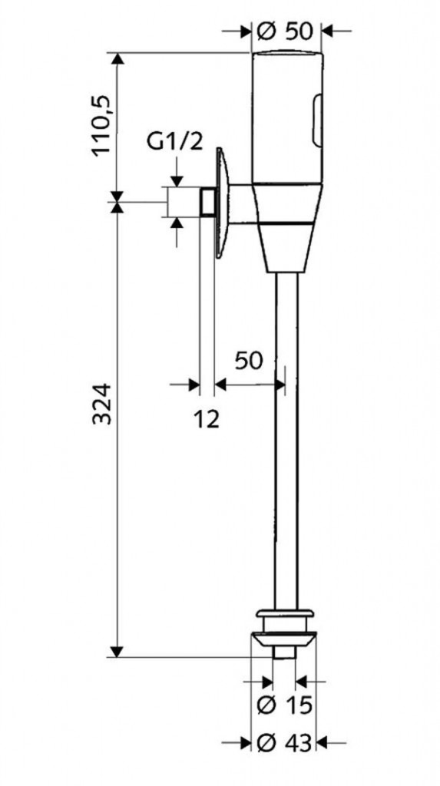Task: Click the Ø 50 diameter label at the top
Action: [x=284, y=31]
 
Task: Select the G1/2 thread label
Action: [x=175, y=142]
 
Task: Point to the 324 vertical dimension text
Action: [x=102, y=404]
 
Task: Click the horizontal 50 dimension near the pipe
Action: [x=249, y=360]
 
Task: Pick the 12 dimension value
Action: [x=207, y=418]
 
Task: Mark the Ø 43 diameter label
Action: [x=284, y=742]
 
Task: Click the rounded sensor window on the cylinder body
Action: [x=317, y=121]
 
